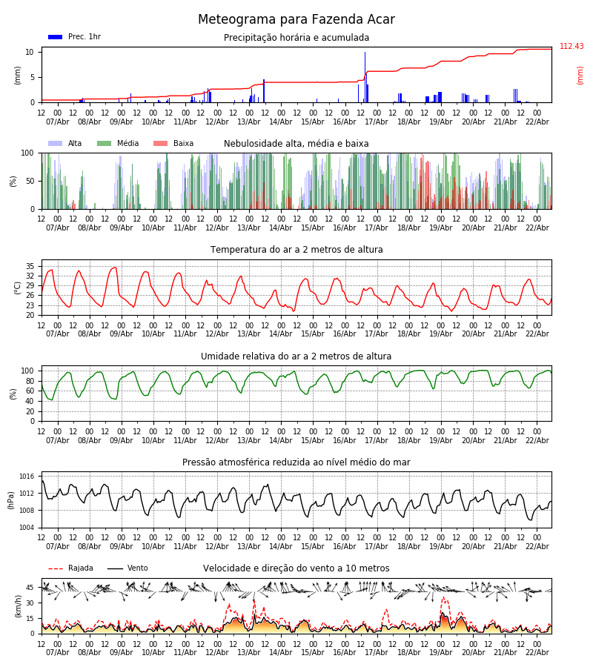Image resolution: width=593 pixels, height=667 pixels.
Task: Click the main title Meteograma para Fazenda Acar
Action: click(x=296, y=20)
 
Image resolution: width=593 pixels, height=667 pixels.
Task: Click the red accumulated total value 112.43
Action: click(x=572, y=47)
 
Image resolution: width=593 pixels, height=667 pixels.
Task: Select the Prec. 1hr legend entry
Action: click(x=75, y=37)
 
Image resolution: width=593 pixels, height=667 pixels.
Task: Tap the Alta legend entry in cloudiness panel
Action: click(x=66, y=144)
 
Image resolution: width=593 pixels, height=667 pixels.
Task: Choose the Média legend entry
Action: click(x=118, y=144)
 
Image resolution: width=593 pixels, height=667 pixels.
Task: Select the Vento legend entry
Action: click(x=128, y=568)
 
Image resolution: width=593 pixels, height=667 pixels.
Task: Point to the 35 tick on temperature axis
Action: click(x=30, y=266)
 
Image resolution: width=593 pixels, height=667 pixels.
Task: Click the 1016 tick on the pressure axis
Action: click(x=27, y=477)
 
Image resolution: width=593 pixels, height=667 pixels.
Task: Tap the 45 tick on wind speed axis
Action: click(x=30, y=588)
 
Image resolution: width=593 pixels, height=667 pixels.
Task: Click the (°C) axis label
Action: click(x=19, y=287)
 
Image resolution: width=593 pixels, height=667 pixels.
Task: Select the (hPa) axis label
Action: click(x=12, y=500)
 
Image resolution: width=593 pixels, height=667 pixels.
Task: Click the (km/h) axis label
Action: click(x=19, y=605)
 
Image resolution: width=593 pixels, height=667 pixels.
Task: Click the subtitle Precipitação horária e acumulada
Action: click(x=296, y=38)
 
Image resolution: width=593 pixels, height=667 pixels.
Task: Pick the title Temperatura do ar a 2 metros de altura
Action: click(x=296, y=250)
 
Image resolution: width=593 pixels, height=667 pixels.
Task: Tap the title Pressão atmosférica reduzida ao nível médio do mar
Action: click(x=296, y=462)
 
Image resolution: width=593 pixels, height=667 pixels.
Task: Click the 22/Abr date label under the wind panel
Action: click(x=537, y=652)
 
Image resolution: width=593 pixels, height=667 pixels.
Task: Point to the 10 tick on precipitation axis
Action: click(x=30, y=52)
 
